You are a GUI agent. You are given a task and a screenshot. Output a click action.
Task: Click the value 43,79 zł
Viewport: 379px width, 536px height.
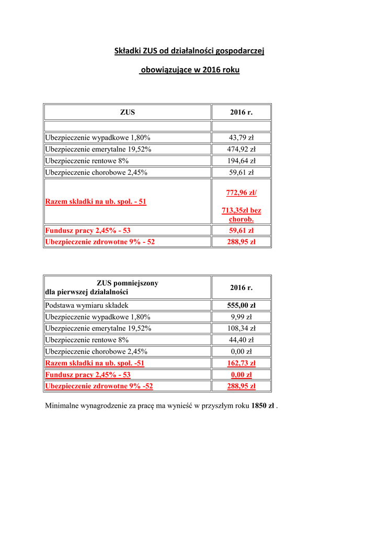[x=241, y=138]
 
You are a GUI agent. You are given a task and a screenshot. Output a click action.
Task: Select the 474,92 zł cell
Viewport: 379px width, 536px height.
[x=241, y=149]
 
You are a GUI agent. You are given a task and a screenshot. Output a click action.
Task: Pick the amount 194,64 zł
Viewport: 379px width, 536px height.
[x=241, y=161]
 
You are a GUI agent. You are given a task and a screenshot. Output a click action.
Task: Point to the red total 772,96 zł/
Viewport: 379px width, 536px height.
[x=241, y=193]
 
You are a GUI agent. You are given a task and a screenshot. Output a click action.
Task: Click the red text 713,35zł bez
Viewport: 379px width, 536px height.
[x=241, y=210]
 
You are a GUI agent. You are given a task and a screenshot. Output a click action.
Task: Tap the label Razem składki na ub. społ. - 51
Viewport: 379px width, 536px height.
[x=96, y=202]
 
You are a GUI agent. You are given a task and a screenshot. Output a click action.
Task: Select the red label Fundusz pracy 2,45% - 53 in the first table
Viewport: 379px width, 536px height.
[x=88, y=230]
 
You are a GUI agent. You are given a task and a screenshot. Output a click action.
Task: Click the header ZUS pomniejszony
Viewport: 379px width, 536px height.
[x=128, y=283]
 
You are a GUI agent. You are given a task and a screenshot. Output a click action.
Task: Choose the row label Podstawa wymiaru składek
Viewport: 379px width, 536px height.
[x=87, y=305]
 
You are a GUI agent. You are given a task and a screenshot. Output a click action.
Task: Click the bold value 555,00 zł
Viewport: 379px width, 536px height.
[x=241, y=305]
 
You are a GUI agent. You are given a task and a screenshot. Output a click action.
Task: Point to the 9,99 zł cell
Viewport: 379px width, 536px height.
[x=241, y=317]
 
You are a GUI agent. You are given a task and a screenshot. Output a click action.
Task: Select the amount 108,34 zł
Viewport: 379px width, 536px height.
[x=241, y=328]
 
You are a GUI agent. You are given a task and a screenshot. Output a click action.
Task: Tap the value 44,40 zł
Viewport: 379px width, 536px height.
[x=241, y=340]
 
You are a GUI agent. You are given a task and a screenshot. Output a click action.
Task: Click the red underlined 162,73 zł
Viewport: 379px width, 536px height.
[x=241, y=363]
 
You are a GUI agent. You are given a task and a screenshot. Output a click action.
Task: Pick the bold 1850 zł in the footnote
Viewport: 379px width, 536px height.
[x=263, y=406]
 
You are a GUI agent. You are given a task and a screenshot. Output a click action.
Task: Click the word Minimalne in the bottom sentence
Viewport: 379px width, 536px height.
[x=62, y=406]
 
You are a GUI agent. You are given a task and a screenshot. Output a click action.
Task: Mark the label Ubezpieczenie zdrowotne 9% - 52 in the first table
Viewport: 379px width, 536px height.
[x=100, y=242]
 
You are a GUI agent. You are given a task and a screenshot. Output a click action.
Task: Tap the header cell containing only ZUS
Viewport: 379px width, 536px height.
[x=128, y=112]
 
